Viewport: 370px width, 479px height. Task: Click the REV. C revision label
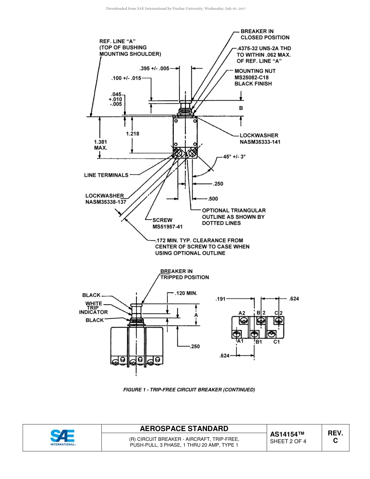tap(335, 437)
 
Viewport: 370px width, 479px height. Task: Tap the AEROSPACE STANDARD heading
tap(184, 429)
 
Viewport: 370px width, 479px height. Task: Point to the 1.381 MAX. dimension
tap(100, 145)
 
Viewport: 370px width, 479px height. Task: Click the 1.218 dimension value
tap(132, 134)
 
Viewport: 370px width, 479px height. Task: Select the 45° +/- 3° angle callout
tap(234, 157)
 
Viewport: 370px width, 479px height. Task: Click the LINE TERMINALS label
tap(106, 175)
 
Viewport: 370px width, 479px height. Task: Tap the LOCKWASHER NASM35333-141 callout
tap(260, 139)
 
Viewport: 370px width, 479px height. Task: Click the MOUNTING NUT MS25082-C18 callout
tap(255, 77)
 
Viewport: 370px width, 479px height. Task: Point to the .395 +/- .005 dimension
tap(154, 68)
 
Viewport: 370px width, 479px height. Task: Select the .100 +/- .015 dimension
tap(126, 78)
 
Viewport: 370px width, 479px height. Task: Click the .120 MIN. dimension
tap(186, 293)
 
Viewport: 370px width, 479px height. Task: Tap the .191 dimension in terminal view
tap(221, 299)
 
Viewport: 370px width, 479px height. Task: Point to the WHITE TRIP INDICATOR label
tap(93, 308)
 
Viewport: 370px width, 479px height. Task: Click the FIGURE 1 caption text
tap(189, 389)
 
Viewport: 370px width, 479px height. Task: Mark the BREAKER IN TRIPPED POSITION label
tap(184, 274)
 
